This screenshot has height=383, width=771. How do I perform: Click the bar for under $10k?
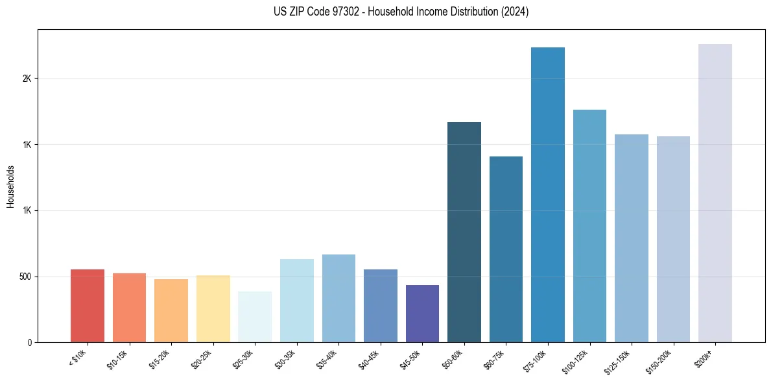tap(88, 306)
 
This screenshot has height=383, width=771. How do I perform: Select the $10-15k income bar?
tap(129, 308)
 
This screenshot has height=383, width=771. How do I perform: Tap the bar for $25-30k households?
tap(255, 317)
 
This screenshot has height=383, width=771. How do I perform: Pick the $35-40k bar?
tap(338, 298)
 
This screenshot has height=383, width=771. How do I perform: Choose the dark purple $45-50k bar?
tap(422, 314)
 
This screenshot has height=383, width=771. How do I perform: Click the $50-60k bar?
tap(464, 232)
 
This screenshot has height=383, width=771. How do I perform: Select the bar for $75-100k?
tap(548, 195)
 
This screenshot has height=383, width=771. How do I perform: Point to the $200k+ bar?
tap(715, 193)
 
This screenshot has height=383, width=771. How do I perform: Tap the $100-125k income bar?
tap(589, 226)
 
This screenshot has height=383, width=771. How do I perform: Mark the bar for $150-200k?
tap(673, 239)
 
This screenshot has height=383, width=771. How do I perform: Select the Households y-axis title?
tap(10, 186)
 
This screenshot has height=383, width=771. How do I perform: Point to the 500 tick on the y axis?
tap(26, 277)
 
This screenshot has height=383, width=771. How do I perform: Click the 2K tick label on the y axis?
tap(27, 78)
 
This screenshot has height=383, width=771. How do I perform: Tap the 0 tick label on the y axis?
tap(30, 342)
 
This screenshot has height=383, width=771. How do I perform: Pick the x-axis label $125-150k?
tap(617, 360)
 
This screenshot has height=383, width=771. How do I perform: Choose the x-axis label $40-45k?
tap(368, 359)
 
